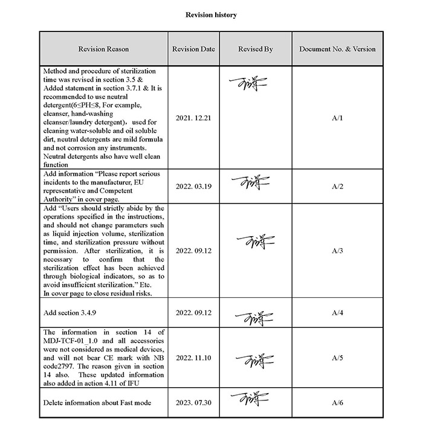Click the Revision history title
tap(211, 14)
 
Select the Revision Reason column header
tap(103, 49)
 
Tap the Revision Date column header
tap(193, 49)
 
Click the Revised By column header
tap(255, 49)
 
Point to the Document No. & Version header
tap(337, 49)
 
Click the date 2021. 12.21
tap(193, 118)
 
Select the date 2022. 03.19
tap(193, 187)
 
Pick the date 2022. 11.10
tap(193, 358)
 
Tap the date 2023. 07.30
tap(193, 402)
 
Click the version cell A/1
tap(337, 118)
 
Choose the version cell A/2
tap(337, 187)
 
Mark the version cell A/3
tap(337, 250)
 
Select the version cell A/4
tap(337, 313)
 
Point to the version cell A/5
tap(337, 358)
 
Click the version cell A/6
tap(337, 402)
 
